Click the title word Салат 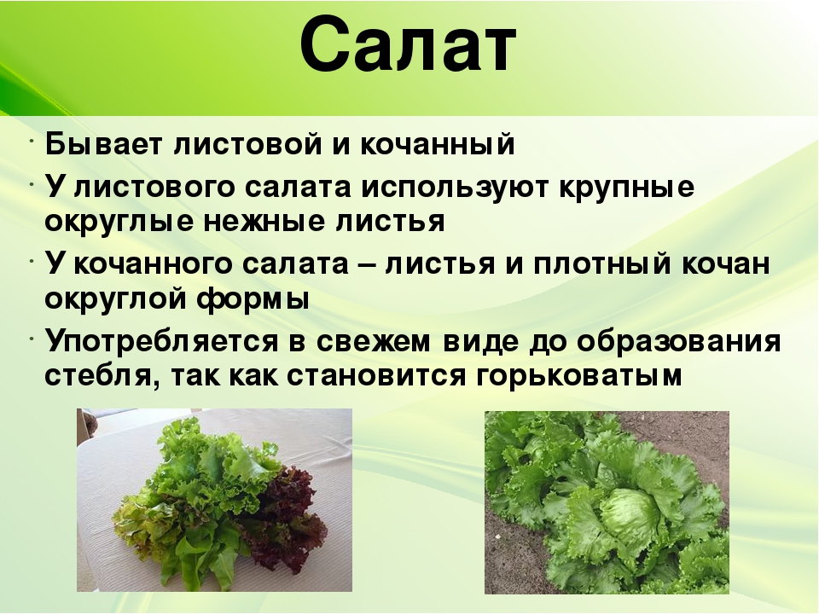(x=409, y=45)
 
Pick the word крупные (x=627, y=188)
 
